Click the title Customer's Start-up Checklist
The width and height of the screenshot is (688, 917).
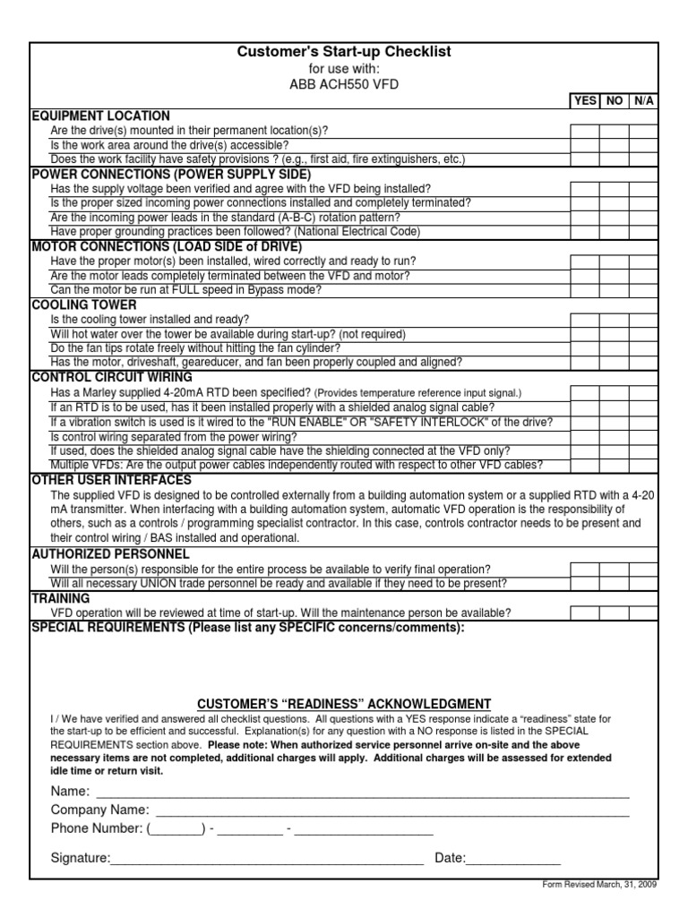[x=344, y=53]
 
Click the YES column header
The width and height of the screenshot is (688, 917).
[x=585, y=101]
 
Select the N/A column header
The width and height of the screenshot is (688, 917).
[x=644, y=101]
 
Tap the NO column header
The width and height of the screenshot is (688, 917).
[x=615, y=101]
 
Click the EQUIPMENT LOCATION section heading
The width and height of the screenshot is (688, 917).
[x=100, y=116]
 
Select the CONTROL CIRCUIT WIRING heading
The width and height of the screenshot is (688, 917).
[x=112, y=377]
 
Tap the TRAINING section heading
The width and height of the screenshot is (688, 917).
[x=61, y=597]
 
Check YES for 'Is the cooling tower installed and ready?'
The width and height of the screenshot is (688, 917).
[x=585, y=320]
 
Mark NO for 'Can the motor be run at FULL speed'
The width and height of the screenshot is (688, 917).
[x=615, y=290]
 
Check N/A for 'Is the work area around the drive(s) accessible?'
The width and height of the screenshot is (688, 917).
[x=643, y=145]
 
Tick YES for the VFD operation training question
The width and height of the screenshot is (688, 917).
[x=585, y=613]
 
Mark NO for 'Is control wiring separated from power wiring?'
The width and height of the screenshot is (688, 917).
[x=615, y=436]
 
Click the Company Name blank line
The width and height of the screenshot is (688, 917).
[x=392, y=811]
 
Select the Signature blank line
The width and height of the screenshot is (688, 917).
[x=266, y=860]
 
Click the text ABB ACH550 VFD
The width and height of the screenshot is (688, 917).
[x=344, y=84]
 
